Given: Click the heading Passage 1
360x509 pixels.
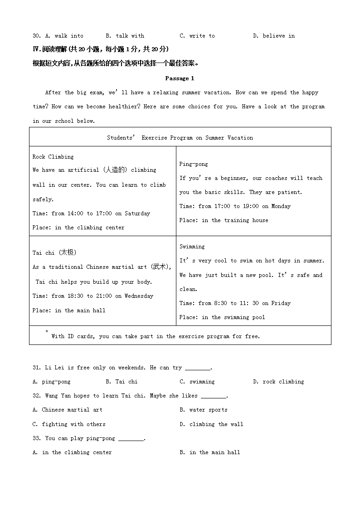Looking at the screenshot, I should click(180, 78).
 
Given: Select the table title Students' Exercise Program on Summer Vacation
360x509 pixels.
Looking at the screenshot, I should click(180, 138).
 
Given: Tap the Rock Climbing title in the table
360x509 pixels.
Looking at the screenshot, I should click(53, 157).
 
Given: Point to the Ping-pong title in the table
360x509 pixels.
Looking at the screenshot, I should click(194, 164).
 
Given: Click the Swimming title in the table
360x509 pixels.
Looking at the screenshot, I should click(192, 247).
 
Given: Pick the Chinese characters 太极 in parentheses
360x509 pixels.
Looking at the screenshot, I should click(68, 253).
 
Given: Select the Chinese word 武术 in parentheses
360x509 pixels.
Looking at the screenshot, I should click(160, 267).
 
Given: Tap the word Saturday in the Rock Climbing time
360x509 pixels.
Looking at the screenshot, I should click(137, 213).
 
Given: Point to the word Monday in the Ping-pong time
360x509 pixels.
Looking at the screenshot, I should click(281, 206).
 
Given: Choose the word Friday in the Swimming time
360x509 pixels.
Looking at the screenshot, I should click(281, 303).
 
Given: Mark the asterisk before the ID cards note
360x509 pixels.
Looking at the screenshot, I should click(47, 332).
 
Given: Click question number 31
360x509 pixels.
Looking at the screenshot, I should click(37, 368).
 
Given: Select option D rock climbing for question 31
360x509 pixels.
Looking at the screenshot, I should click(278, 382).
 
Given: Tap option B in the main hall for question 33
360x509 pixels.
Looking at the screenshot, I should click(210, 452).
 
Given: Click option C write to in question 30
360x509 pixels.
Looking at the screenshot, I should click(197, 36).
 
